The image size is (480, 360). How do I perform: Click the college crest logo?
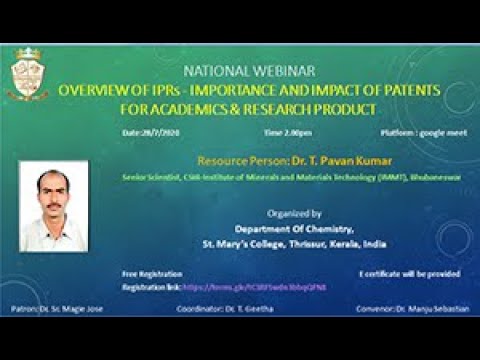coord(28,73)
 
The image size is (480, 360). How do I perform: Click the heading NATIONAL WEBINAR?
coord(237,71)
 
